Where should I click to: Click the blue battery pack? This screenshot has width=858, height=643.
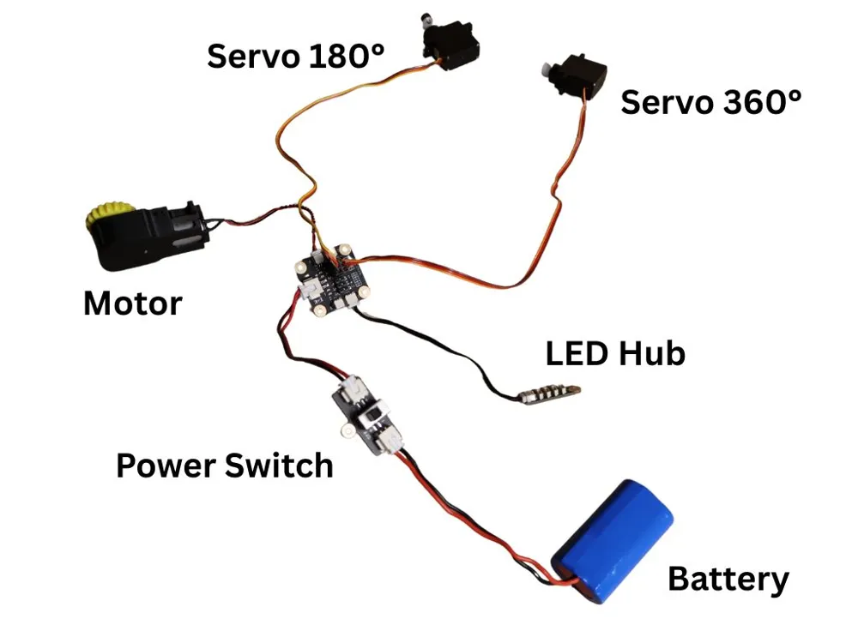(x=612, y=541)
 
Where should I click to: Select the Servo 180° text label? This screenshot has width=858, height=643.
(x=295, y=56)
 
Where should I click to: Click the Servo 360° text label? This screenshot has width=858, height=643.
(x=710, y=102)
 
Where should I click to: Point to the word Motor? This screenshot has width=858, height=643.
(x=133, y=303)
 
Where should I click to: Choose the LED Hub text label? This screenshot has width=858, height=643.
(x=615, y=353)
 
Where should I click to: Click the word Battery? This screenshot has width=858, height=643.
(x=728, y=580)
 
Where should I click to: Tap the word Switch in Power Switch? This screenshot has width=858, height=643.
(x=279, y=466)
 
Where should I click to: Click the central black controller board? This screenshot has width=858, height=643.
(x=331, y=280)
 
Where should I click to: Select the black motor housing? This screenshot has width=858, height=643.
(x=148, y=237)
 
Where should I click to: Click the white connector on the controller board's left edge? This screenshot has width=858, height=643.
(x=308, y=290)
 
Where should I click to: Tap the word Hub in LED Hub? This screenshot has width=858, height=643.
(x=652, y=353)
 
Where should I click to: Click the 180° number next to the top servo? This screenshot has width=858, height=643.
(x=347, y=56)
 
